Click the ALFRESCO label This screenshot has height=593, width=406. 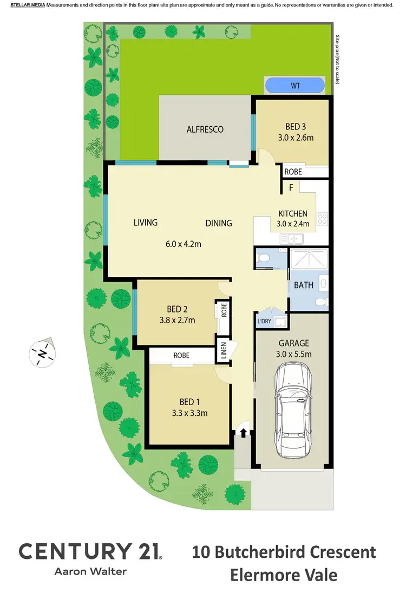click(205, 129)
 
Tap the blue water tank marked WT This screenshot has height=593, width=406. click(295, 86)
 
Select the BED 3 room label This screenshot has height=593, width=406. click(293, 127)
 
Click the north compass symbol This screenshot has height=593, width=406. click(42, 354)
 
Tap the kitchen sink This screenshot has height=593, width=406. click(292, 237)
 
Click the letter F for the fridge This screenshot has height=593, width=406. click(291, 188)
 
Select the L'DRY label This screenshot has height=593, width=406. click(264, 321)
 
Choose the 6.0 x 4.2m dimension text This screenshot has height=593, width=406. click(184, 244)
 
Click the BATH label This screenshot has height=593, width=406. click(303, 285)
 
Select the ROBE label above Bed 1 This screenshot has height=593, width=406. click(181, 356)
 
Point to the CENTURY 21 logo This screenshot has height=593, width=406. click(90, 552)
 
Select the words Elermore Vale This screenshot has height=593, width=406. click(284, 574)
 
